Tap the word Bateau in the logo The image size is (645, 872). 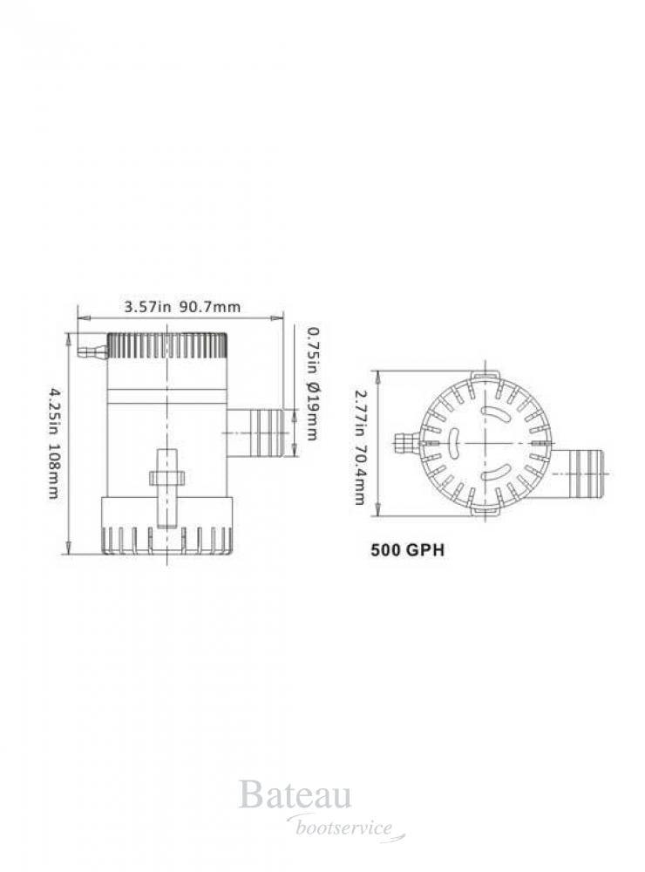[x=295, y=797]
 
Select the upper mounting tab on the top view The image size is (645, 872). [x=485, y=375]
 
